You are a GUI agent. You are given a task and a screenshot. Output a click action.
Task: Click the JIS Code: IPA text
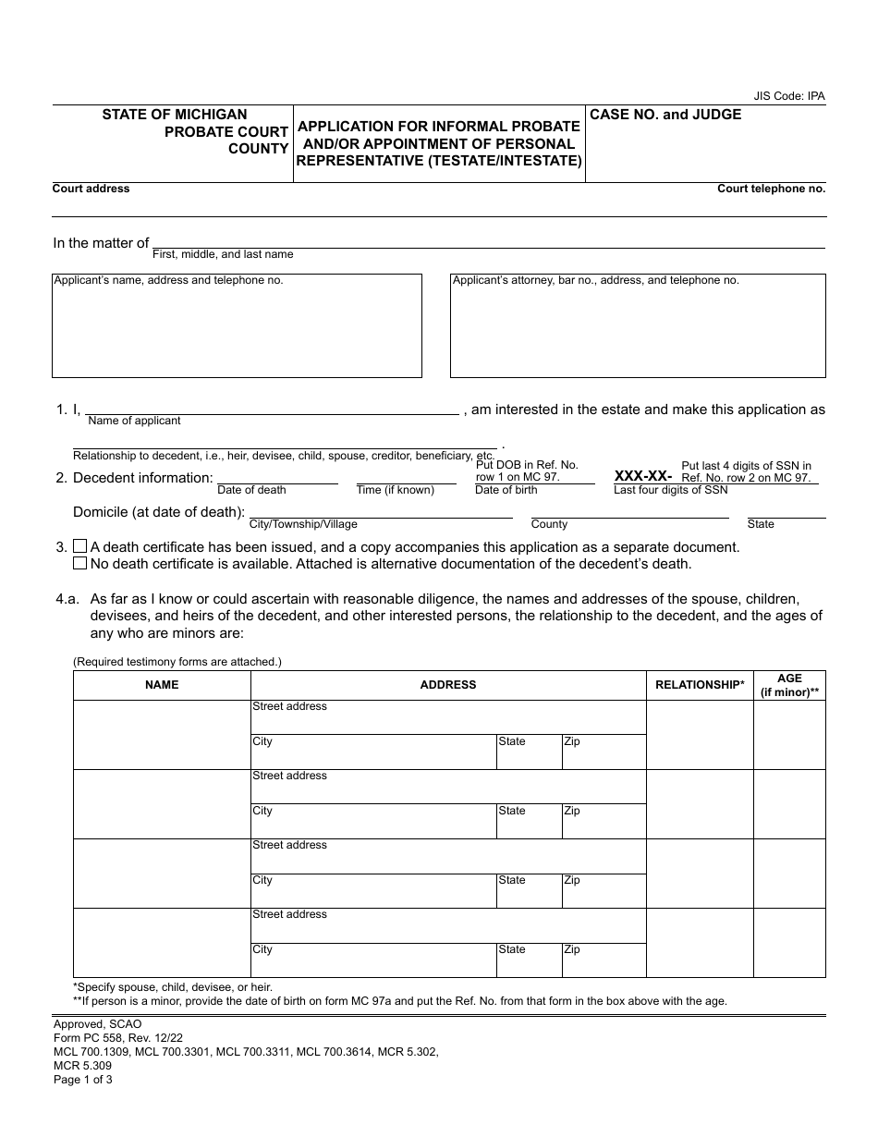pyautogui.click(x=789, y=96)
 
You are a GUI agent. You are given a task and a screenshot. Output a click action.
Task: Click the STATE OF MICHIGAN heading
pyautogui.click(x=175, y=115)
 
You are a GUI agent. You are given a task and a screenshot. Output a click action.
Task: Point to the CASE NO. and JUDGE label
pyautogui.click(x=665, y=115)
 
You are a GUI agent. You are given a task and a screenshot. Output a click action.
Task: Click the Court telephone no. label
pyautogui.click(x=771, y=189)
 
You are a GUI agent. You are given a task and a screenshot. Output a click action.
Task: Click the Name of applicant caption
pyautogui.click(x=134, y=421)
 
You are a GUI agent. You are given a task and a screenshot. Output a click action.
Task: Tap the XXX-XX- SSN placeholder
pyautogui.click(x=643, y=475)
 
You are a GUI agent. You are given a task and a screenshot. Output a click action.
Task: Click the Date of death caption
pyautogui.click(x=251, y=490)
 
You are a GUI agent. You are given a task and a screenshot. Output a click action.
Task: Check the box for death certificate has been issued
pyautogui.click(x=80, y=547)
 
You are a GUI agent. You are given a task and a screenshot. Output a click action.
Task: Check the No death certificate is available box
pyautogui.click(x=80, y=563)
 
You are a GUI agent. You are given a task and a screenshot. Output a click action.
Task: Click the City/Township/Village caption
pyautogui.click(x=303, y=524)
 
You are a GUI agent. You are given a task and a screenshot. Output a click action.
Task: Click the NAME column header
pyautogui.click(x=162, y=685)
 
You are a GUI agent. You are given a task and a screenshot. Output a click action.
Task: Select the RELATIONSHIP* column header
pyautogui.click(x=700, y=685)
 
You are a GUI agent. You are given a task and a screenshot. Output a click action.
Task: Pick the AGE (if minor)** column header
pyautogui.click(x=789, y=685)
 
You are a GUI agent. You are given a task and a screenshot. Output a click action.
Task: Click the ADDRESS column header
pyautogui.click(x=448, y=685)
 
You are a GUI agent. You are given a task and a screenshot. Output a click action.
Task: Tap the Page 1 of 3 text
pyautogui.click(x=83, y=1079)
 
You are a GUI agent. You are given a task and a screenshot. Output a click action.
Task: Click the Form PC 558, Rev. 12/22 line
pyautogui.click(x=113, y=1038)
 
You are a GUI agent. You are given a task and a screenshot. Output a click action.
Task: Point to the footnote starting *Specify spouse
pyautogui.click(x=173, y=987)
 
